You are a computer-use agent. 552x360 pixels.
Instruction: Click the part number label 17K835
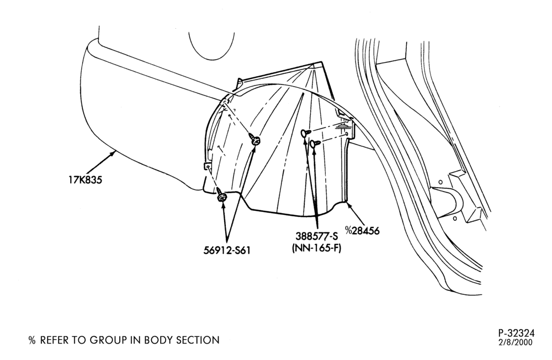coord(85,180)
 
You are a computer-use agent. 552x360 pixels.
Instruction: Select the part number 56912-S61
coord(227,251)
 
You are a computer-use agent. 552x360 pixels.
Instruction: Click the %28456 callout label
coord(362,231)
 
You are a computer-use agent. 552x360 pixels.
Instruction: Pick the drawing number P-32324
coord(516,333)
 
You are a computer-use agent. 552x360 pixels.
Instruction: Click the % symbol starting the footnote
coord(33,340)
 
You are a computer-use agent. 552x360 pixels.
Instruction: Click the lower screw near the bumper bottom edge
coord(221,196)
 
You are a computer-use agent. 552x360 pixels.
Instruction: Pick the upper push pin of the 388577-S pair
coord(306,133)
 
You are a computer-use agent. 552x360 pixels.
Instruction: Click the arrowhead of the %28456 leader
coord(348,203)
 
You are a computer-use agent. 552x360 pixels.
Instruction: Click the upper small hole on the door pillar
coord(440,182)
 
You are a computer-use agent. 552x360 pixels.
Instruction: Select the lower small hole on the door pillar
coord(454,219)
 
